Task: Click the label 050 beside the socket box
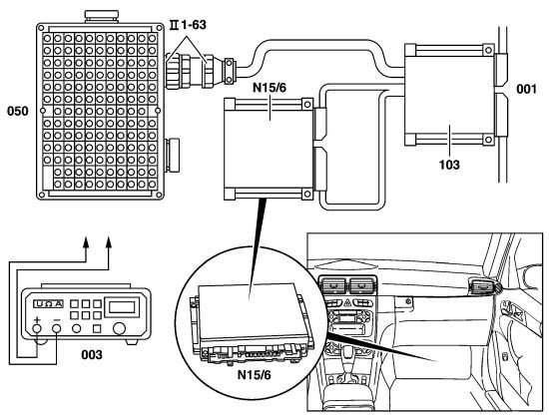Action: [18, 111]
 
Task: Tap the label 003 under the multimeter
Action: [92, 355]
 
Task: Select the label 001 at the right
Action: [526, 89]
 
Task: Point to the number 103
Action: [449, 164]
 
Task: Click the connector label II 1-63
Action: [188, 25]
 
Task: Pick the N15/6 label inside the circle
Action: [255, 375]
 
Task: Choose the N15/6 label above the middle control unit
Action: [270, 88]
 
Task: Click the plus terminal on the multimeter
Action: [37, 328]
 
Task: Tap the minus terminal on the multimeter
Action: [56, 328]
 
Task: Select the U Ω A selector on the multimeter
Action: [48, 303]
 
